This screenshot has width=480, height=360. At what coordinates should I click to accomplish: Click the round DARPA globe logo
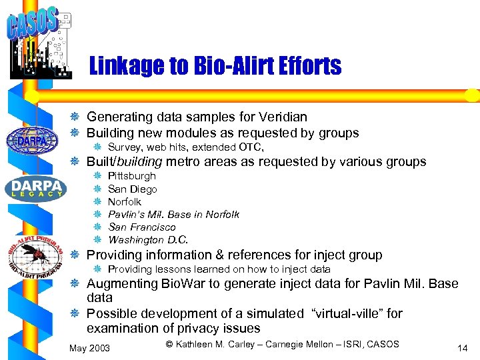coord(27,141)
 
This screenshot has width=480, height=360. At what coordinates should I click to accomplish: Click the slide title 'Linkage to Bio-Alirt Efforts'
coord(215,66)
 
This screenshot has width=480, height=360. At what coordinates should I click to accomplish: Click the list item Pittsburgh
coord(131,176)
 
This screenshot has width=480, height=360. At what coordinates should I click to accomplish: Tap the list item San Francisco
coord(142,227)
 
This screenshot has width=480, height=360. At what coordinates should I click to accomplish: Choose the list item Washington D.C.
coord(148,240)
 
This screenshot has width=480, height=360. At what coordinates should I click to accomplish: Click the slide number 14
coord(462,347)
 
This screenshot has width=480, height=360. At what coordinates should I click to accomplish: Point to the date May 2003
coord(90,348)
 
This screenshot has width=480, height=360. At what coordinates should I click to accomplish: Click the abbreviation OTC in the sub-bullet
coord(249,147)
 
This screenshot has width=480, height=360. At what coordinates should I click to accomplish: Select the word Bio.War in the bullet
coord(183,284)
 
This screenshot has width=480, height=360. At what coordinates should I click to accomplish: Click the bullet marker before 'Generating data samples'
coord(77,117)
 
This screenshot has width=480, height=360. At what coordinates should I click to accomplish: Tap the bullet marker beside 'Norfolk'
coord(97,201)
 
